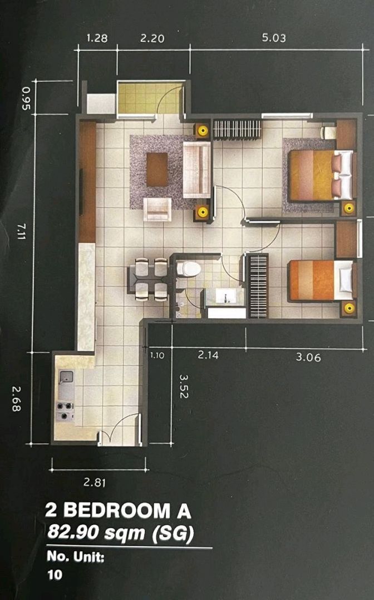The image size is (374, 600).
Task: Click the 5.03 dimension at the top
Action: tap(274, 38)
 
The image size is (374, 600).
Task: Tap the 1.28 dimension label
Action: tap(97, 38)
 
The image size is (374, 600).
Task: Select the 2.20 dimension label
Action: tap(152, 38)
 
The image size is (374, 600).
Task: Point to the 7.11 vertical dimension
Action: tap(21, 232)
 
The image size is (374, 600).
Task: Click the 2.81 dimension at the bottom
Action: tap(95, 483)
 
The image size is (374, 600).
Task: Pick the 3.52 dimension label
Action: tap(184, 387)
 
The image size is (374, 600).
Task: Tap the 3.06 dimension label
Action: tap(308, 357)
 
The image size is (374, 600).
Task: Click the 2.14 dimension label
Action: tap(208, 355)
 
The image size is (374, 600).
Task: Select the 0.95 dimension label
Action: tap(26, 98)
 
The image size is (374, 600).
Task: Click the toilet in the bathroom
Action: tap(189, 269)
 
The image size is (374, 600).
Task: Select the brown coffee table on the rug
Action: tap(157, 169)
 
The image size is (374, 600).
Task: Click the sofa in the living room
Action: tap(196, 169)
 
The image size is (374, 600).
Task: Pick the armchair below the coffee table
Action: tap(158, 209)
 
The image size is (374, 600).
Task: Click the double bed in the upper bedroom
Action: tap(321, 175)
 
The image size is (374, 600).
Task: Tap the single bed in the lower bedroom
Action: tap(321, 281)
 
